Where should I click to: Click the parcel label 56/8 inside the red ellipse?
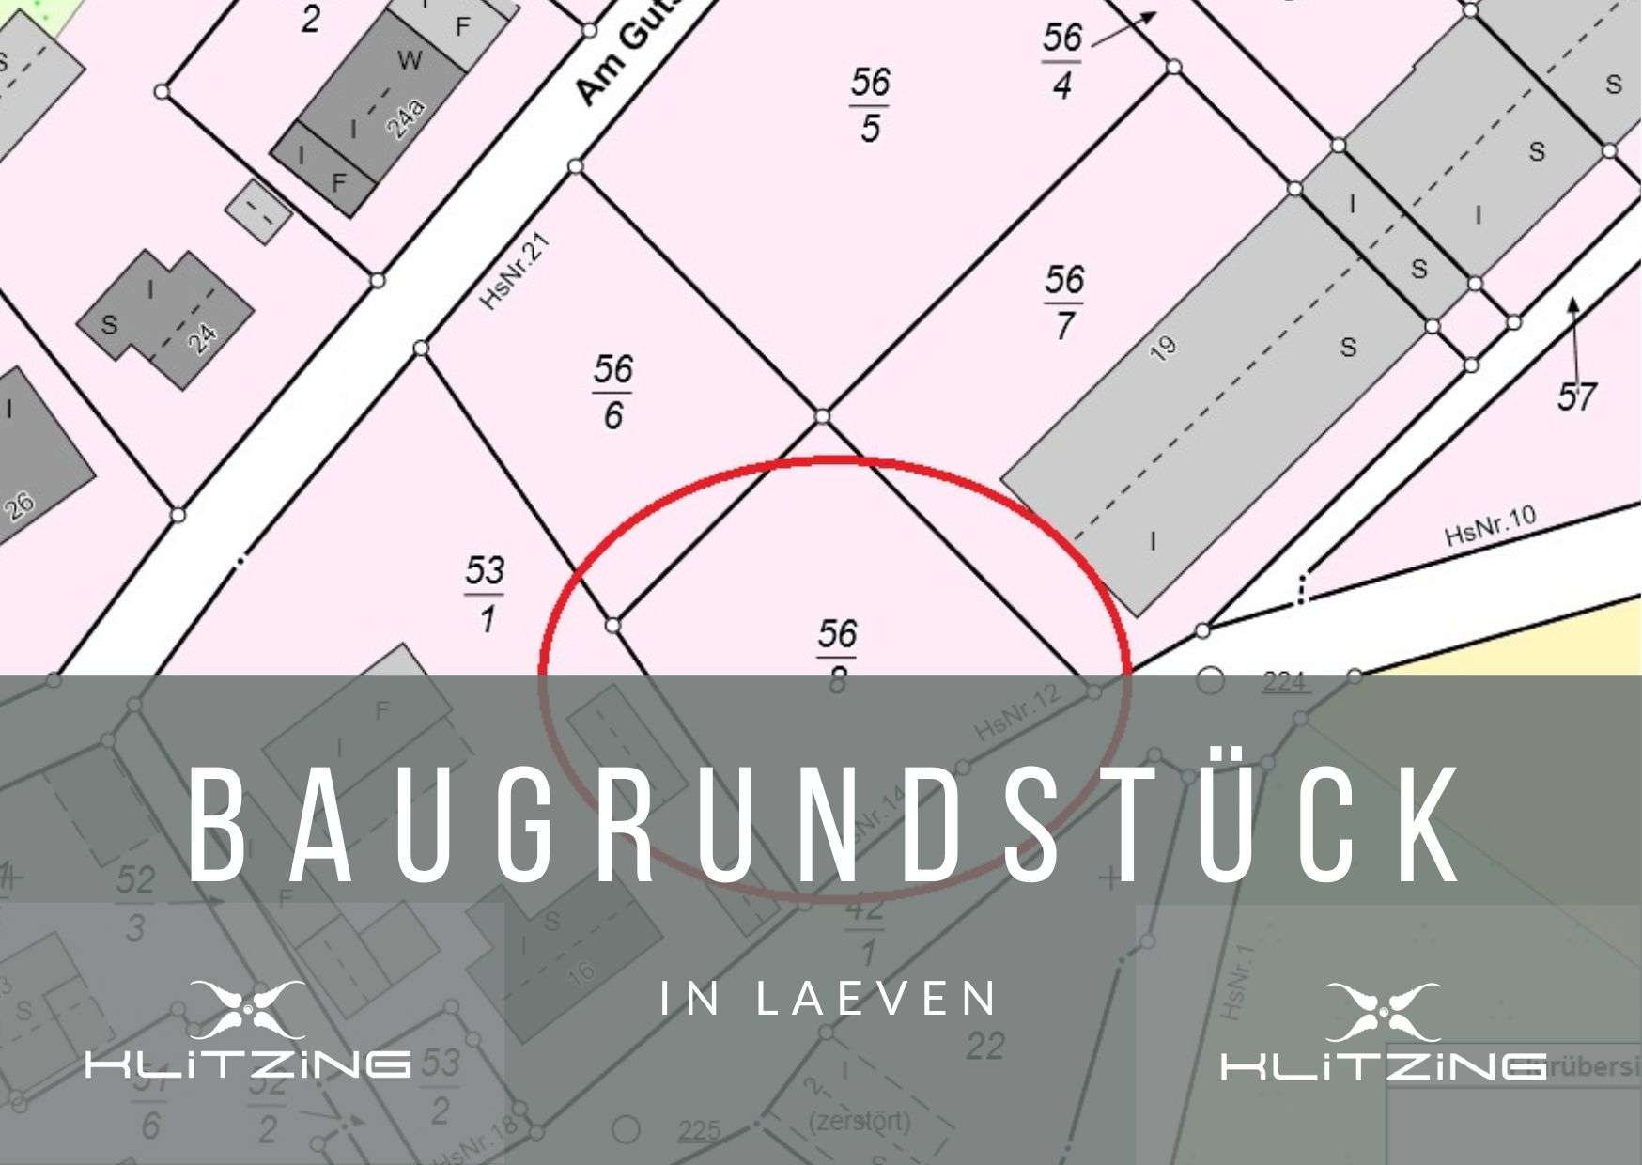[837, 654]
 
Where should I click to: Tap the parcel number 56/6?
[612, 391]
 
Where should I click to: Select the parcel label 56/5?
[870, 104]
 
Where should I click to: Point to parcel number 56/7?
[1063, 302]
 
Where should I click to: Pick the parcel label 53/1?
[485, 594]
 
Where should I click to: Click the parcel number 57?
[1576, 397]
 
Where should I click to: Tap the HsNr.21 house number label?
[515, 272]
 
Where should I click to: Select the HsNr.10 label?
[1490, 526]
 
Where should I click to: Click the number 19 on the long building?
[1163, 349]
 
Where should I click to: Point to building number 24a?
[406, 118]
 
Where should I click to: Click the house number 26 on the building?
[19, 505]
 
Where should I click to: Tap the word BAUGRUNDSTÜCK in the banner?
[825, 827]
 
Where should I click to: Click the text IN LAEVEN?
[829, 999]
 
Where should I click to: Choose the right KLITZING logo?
[1383, 1033]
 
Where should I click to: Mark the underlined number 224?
[1284, 681]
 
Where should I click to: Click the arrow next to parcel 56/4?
[1124, 28]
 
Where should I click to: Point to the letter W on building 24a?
[410, 61]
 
